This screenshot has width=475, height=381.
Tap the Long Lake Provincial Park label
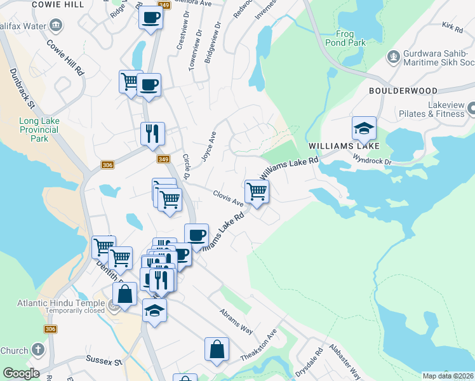coord(39,125)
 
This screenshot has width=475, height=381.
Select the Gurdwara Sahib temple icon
coord(394,57)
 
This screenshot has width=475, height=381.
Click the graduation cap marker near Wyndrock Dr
coord(365,128)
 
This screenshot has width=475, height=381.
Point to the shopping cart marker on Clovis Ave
coord(257,190)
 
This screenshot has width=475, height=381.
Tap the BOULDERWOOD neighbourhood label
coord(403,91)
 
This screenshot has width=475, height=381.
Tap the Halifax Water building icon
coord(56,26)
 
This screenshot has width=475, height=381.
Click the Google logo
coord(21,373)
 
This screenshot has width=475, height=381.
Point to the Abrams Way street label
coord(236,322)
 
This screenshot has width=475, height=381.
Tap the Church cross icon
coord(37,350)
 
